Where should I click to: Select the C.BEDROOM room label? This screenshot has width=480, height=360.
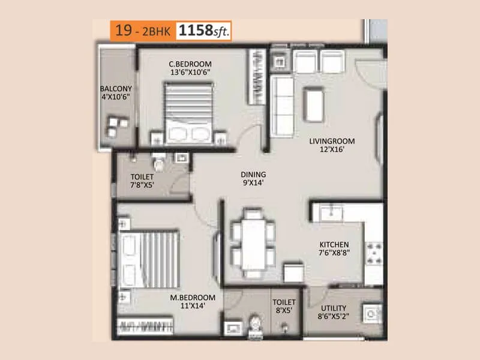pyautogui.click(x=190, y=68)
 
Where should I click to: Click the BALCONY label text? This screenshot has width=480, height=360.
pyautogui.click(x=116, y=95)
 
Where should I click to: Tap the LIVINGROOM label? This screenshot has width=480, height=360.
pyautogui.click(x=332, y=146)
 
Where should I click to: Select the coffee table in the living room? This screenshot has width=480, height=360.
pyautogui.click(x=313, y=104)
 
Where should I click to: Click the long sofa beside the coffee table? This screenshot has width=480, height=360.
pyautogui.click(x=280, y=104)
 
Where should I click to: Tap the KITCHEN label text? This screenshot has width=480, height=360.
pyautogui.click(x=334, y=249)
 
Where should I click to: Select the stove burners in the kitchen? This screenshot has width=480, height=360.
pyautogui.click(x=374, y=253)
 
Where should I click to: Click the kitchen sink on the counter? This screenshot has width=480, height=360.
pyautogui.click(x=331, y=212)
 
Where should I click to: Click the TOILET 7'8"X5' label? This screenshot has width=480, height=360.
pyautogui.click(x=142, y=181)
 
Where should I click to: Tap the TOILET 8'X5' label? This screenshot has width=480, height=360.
pyautogui.click(x=284, y=307)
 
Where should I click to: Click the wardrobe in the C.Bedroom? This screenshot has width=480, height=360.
pyautogui.click(x=256, y=77)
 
